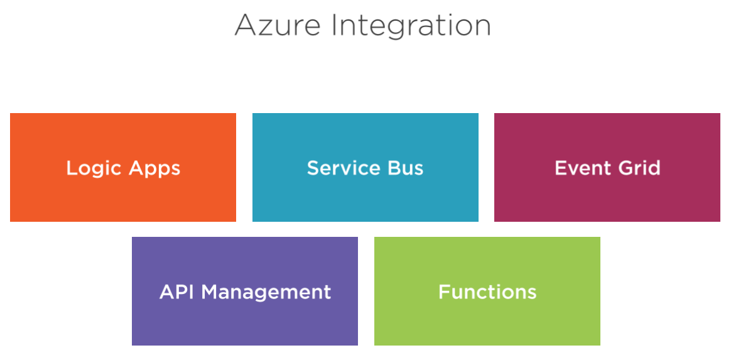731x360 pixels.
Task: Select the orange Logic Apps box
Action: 123,167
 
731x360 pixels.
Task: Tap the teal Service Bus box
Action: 365,167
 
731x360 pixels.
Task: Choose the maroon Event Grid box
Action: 607,167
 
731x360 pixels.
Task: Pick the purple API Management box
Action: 245,292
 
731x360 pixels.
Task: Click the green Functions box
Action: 487,292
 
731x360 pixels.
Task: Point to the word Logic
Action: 94,169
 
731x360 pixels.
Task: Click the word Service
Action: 339,168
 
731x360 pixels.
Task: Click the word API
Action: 176,292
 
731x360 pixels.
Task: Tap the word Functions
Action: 487,292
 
